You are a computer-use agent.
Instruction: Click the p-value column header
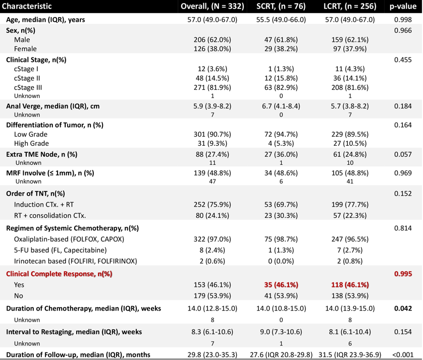point(403,7)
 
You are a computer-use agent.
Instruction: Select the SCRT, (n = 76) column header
point(281,6)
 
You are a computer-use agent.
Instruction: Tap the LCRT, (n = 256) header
point(350,6)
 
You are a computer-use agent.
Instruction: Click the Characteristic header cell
point(27,6)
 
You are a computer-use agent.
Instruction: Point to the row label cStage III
point(28,88)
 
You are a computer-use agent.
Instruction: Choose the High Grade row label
point(31,143)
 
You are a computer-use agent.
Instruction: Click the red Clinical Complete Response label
point(59,274)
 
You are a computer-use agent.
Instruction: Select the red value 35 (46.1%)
point(281,285)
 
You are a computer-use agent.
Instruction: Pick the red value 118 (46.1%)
point(350,285)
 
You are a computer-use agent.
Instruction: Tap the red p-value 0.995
point(403,274)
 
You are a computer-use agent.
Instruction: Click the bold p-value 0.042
point(403,308)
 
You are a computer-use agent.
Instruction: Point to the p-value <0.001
point(403,354)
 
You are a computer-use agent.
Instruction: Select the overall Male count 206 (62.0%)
point(213,40)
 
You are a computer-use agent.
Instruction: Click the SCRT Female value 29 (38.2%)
point(281,49)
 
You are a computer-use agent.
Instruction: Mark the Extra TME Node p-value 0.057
point(403,154)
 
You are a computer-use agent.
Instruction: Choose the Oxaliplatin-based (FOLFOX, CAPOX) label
point(69,239)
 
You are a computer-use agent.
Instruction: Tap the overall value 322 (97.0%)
point(213,239)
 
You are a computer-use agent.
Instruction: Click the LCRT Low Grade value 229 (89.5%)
point(350,134)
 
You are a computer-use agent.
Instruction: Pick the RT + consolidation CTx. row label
point(50,216)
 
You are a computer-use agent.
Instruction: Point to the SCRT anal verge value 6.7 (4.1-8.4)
point(281,106)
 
